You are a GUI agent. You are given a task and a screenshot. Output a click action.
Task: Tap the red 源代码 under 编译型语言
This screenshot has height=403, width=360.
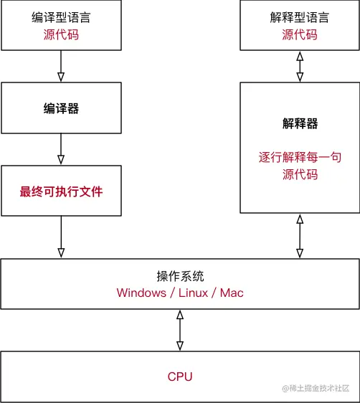coord(60,34)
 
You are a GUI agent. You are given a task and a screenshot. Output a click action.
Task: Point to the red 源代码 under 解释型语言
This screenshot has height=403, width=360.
coord(299,34)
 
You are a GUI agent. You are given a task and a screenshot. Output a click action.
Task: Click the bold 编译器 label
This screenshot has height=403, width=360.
coord(60,108)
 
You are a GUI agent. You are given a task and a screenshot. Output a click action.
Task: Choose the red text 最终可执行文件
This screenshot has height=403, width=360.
coord(60,191)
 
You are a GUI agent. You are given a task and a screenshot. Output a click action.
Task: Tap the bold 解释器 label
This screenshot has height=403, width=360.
coord(299,123)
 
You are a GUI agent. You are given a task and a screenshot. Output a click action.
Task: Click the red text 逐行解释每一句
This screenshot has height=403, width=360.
coord(299,157)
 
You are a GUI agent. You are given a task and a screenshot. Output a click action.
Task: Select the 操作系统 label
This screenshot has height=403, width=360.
coord(179,276)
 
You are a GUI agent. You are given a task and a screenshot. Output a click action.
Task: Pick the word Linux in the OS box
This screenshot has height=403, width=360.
coord(191,293)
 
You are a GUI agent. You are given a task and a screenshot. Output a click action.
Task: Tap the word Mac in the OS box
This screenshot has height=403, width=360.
coord(232,293)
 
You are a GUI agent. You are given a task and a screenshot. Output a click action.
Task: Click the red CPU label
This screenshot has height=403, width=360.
coord(179,376)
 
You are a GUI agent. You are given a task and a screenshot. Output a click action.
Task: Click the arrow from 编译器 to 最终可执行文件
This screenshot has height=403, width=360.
coord(60,150)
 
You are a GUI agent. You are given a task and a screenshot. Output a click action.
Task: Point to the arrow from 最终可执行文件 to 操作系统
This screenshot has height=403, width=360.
coord(60,237)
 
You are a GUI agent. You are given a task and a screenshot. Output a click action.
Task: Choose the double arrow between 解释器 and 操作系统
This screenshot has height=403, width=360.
coord(299,237)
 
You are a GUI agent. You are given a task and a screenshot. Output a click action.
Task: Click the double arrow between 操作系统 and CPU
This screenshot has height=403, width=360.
coord(179,331)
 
